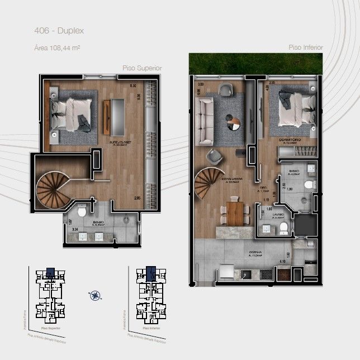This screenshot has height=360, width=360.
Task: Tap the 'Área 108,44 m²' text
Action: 57,49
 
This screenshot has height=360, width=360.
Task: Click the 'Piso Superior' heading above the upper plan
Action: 142,68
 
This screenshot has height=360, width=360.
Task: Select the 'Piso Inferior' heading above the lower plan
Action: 306,48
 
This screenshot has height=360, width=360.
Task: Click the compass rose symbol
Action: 96,295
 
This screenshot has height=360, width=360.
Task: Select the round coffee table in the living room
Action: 231,119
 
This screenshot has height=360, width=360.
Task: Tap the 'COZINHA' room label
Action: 258,253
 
